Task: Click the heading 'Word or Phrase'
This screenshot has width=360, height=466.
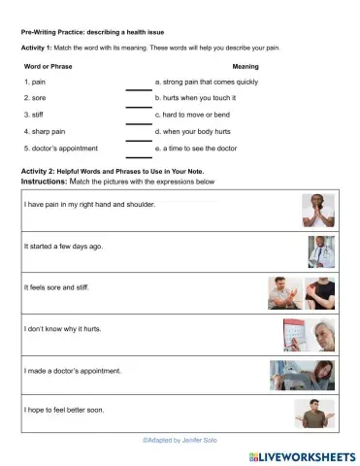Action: pyautogui.click(x=49, y=65)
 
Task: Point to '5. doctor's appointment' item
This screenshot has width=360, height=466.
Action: pyautogui.click(x=60, y=148)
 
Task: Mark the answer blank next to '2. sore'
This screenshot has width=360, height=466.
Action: pyautogui.click(x=139, y=106)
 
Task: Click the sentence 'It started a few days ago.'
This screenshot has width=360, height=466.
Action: pyautogui.click(x=63, y=247)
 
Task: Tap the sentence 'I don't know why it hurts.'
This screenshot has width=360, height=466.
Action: pyautogui.click(x=62, y=329)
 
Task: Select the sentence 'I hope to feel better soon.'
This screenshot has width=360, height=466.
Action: pyautogui.click(x=64, y=411)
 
